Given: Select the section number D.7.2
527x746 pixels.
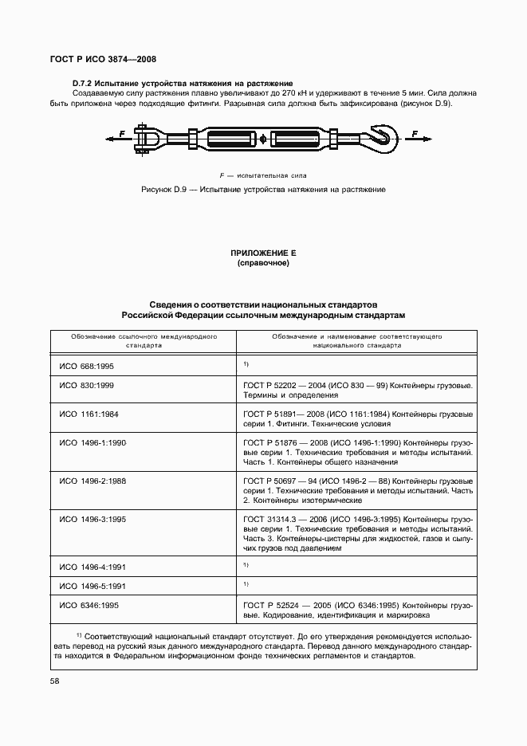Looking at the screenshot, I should pyautogui.click(x=85, y=84).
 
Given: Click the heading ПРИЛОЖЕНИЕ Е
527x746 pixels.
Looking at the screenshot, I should pyautogui.click(x=262, y=253).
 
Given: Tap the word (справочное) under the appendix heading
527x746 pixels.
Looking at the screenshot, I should pyautogui.click(x=262, y=263).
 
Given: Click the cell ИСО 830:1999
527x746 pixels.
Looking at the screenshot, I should pyautogui.click(x=87, y=385).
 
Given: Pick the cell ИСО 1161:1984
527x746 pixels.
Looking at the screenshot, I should pyautogui.click(x=89, y=414).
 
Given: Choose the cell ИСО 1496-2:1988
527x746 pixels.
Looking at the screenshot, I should pyautogui.click(x=92, y=481).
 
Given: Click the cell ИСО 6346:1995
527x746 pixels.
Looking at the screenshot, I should pyautogui.click(x=89, y=606).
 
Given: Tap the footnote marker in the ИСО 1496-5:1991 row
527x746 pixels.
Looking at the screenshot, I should pyautogui.click(x=246, y=584).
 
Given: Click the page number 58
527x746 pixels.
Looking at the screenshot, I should pyautogui.click(x=55, y=681).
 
